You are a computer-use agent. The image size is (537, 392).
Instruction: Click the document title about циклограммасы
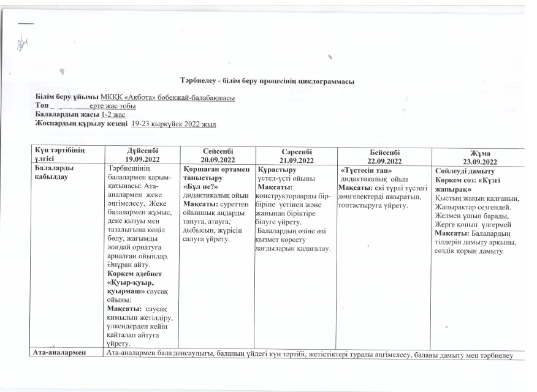267,81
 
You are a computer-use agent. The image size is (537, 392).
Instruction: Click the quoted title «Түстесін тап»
367,168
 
